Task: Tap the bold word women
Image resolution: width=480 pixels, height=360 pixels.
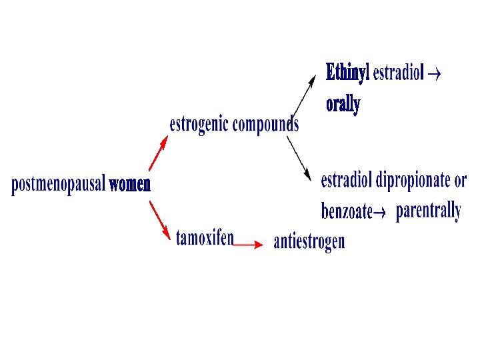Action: click(x=130, y=184)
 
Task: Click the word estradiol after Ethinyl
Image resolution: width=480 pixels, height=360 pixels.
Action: click(x=397, y=73)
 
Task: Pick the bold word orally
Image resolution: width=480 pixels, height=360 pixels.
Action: click(x=343, y=104)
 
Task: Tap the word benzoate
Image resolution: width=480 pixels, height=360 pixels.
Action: click(x=346, y=211)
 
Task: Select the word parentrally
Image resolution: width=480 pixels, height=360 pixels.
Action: click(x=428, y=211)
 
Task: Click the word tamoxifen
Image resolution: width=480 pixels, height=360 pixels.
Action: click(x=205, y=237)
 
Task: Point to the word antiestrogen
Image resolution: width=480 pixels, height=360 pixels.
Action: click(x=309, y=241)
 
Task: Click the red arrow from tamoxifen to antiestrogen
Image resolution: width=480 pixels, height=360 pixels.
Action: click(x=249, y=245)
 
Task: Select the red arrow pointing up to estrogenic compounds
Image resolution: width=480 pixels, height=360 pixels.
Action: click(x=157, y=153)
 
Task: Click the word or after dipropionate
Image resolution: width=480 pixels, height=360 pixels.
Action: click(x=460, y=181)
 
